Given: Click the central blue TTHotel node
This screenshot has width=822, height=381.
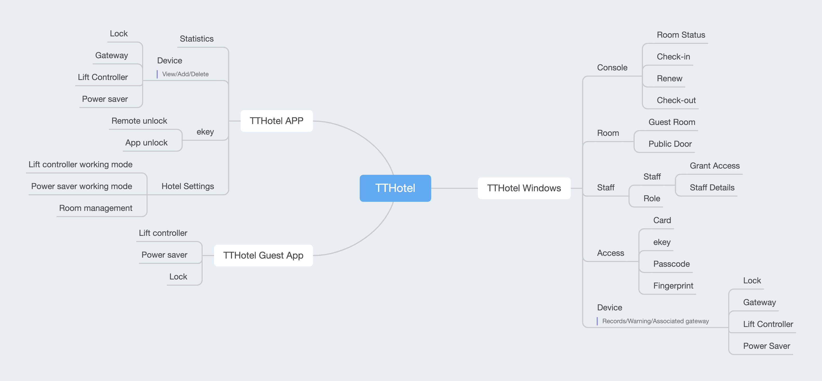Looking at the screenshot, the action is [x=395, y=188].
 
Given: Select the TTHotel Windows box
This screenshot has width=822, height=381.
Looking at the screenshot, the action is [x=524, y=188].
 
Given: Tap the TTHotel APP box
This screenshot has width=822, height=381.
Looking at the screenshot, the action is [x=276, y=121].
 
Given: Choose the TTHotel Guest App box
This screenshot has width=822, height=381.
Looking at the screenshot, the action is [x=263, y=255].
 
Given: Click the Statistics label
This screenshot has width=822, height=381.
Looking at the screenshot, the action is [x=197, y=39].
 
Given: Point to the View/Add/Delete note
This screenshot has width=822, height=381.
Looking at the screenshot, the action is [x=185, y=74].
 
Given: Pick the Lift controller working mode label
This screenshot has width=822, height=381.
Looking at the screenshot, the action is [x=81, y=164].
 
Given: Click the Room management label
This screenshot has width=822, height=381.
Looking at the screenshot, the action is [x=96, y=208].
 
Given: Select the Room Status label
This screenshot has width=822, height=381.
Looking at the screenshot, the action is [x=681, y=35].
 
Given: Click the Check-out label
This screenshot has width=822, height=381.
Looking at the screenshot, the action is [x=676, y=100].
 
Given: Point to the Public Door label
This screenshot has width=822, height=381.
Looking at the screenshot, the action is [x=670, y=144].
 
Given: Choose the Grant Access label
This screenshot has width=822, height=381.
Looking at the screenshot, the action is [x=715, y=166].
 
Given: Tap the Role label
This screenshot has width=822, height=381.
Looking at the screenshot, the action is [x=652, y=198].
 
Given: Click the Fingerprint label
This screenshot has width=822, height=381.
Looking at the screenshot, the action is [x=673, y=286].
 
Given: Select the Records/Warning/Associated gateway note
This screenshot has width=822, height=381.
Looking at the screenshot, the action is [x=655, y=321].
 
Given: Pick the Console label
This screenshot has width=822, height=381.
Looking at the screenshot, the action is [x=612, y=68].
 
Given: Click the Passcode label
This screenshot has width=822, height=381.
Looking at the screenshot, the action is [x=671, y=264].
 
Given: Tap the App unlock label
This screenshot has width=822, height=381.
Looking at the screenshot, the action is [x=146, y=143].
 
